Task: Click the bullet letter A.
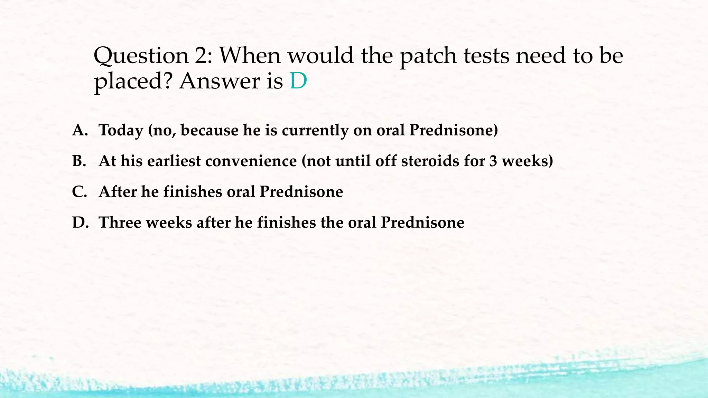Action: (x=79, y=130)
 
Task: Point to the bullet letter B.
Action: (x=79, y=161)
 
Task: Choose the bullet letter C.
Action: (x=79, y=192)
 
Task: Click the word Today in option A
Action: (x=121, y=131)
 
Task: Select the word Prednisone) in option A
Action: (x=454, y=130)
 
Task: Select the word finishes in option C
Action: (x=193, y=192)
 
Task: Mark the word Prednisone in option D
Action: (x=422, y=222)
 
